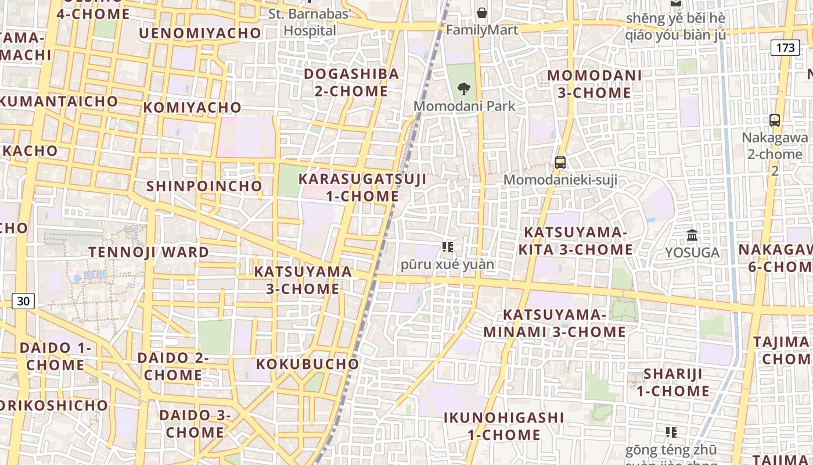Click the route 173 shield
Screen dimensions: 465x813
pyautogui.click(x=785, y=48)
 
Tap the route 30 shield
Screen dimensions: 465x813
pyautogui.click(x=23, y=301)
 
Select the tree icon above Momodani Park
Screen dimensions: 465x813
pyautogui.click(x=463, y=89)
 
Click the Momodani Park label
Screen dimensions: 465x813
pyautogui.click(x=464, y=106)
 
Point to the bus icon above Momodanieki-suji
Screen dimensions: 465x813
pyautogui.click(x=560, y=163)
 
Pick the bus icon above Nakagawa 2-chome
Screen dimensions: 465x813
pyautogui.click(x=775, y=120)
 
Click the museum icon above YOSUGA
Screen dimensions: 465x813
pyautogui.click(x=692, y=235)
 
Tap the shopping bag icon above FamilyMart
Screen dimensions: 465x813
pyautogui.click(x=482, y=13)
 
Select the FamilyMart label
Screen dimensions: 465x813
pyautogui.click(x=482, y=30)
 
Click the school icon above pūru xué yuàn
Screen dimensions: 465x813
pyautogui.click(x=447, y=247)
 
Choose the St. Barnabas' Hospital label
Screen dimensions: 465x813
pyautogui.click(x=310, y=22)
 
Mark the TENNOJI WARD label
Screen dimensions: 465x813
pyautogui.click(x=149, y=252)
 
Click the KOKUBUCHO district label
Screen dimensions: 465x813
pyautogui.click(x=308, y=364)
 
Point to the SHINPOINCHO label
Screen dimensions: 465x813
pyautogui.click(x=204, y=186)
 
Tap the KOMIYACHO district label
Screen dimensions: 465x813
pyautogui.click(x=192, y=108)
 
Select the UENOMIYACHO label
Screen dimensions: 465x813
pyautogui.click(x=200, y=33)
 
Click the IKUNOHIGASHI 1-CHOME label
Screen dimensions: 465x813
pyautogui.click(x=504, y=426)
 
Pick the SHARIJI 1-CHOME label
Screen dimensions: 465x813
pyautogui.click(x=673, y=382)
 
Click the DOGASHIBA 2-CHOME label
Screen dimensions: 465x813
pyautogui.click(x=351, y=83)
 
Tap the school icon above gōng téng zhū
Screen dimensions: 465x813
pyautogui.click(x=671, y=432)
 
